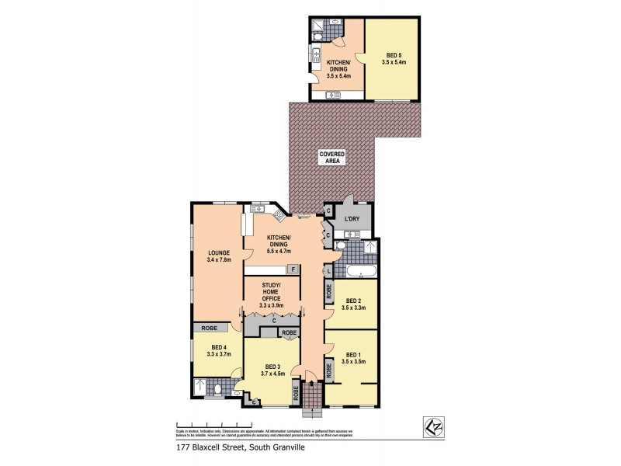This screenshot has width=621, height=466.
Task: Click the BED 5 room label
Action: [394, 57]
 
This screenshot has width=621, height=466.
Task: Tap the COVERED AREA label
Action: [331, 158]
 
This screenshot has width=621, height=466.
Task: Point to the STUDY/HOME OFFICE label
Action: [272, 298]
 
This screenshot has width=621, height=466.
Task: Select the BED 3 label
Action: [272, 370]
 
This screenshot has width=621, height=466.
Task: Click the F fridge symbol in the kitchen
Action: [293, 269]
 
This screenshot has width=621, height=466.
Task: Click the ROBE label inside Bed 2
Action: [329, 291]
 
